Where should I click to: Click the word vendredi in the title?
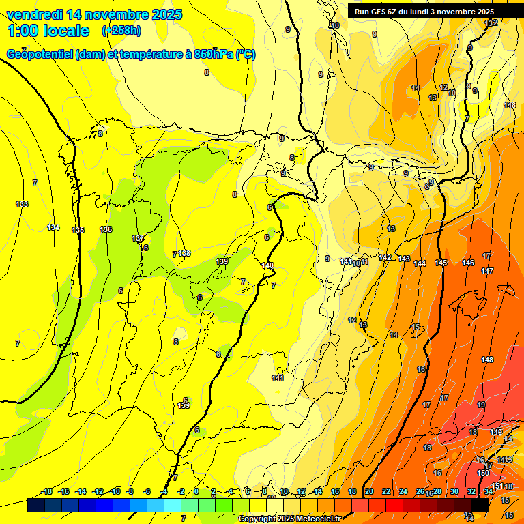point(37,14)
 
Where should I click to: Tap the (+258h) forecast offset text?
point(121,30)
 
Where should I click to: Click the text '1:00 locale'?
point(48,31)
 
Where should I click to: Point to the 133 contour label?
point(22,204)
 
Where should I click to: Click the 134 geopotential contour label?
point(53,227)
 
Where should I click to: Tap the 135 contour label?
point(78,230)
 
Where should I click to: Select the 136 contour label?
point(106,229)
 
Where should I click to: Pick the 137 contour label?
point(138,238)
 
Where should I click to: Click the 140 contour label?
point(267,265)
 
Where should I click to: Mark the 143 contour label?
point(404,259)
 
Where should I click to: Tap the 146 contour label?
point(468,263)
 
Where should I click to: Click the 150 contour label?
point(483,473)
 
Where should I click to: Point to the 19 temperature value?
point(481,405)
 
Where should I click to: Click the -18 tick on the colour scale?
point(47,491)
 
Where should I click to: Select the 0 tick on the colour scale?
point(196,491)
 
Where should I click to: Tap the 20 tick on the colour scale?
point(369,491)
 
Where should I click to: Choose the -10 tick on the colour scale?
point(115,491)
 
